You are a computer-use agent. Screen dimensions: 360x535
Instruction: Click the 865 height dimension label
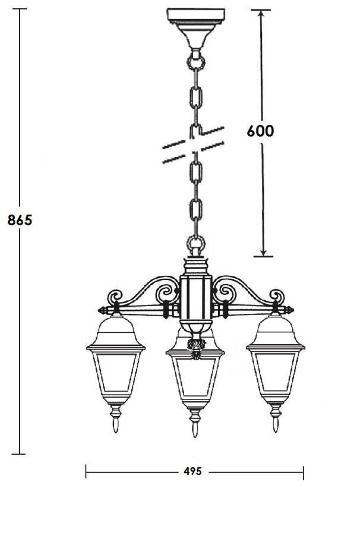click(20, 220)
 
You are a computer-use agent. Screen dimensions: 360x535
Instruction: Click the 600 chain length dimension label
click(260, 131)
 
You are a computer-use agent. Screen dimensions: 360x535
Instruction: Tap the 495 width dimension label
click(192, 471)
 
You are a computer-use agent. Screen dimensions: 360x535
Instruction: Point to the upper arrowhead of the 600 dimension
click(261, 14)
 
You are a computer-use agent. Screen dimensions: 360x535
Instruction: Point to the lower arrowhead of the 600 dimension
click(263, 252)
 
